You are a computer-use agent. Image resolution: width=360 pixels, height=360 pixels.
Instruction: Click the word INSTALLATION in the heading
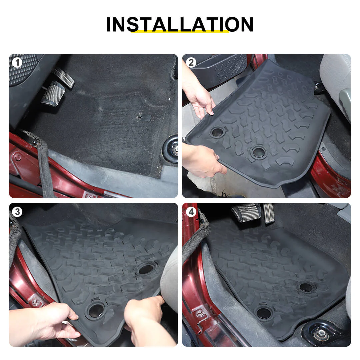click(180, 24)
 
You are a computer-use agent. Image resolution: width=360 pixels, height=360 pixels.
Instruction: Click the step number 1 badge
click(17, 62)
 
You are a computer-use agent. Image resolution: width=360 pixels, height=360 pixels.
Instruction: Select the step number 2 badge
click(191, 62)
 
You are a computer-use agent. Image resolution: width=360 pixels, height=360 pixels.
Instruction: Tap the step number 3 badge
click(17, 212)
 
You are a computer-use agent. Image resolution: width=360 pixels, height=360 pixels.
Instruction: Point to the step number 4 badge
click(191, 212)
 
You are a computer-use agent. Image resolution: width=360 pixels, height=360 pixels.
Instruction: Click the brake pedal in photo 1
click(53, 93)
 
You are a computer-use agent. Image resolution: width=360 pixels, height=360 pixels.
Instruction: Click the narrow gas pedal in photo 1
click(63, 77)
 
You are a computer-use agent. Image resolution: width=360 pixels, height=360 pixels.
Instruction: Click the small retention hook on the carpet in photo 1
click(141, 117)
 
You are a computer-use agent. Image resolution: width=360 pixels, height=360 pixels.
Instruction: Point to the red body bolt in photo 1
click(18, 158)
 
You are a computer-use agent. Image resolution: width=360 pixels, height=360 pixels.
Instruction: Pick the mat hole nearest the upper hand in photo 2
click(217, 132)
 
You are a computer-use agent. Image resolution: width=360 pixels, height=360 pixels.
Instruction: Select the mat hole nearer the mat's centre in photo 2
click(259, 152)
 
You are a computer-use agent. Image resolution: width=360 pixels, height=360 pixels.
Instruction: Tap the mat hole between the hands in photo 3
click(96, 310)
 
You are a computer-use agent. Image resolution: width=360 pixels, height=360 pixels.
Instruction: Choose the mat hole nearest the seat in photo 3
click(146, 269)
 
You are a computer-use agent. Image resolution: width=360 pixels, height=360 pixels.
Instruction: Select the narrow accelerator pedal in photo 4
click(269, 213)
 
